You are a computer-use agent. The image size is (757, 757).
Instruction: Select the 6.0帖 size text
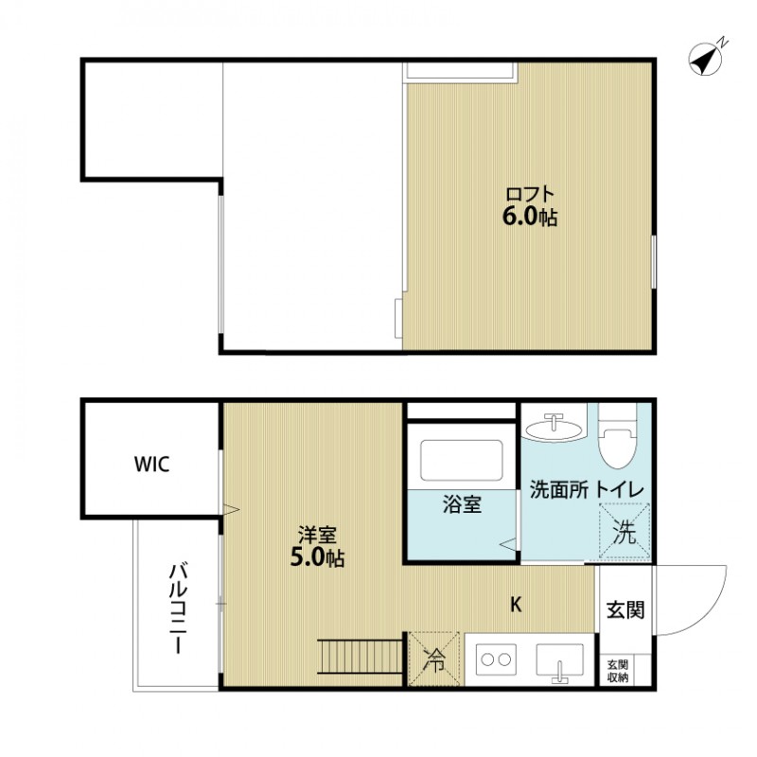point(529,217)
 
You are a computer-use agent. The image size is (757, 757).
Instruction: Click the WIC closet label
point(152,465)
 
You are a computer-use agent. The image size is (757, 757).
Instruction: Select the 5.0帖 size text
point(316,558)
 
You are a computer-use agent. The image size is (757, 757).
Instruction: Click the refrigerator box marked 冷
point(433,658)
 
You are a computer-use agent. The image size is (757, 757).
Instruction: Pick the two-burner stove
point(494,658)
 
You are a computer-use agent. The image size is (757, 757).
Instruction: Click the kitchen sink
point(560,660)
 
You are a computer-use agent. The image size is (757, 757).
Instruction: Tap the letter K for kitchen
point(517,604)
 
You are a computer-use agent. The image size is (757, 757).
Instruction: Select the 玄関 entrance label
point(625,609)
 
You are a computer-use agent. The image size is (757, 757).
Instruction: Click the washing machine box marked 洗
point(625,532)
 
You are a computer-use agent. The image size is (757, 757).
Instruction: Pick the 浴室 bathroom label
point(463,505)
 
